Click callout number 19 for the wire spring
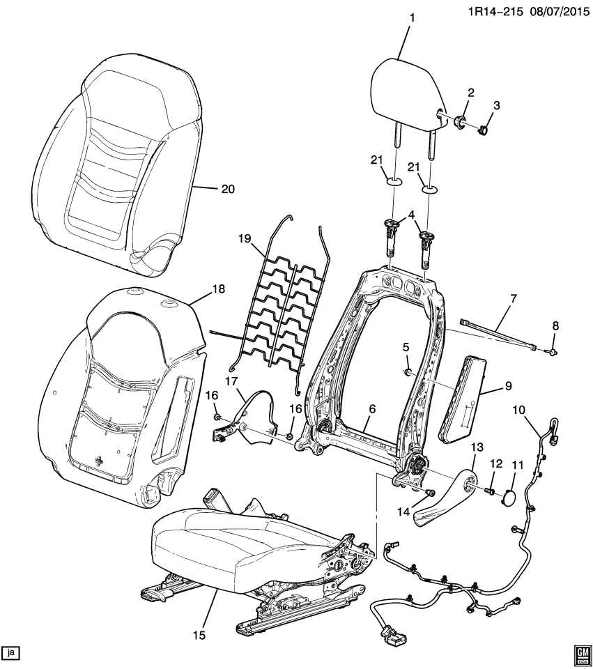tap(244, 239)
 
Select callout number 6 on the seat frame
tap(372, 410)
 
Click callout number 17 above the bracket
tap(231, 379)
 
